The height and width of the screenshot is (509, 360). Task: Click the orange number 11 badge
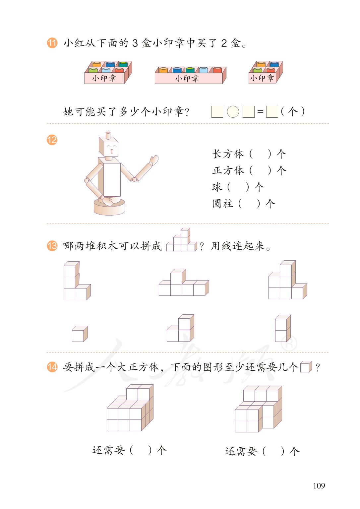52,43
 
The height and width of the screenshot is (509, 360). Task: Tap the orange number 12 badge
52,140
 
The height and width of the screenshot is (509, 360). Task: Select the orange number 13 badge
52,246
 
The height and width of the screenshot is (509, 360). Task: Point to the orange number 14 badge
52,367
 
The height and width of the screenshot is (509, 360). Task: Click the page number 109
319,486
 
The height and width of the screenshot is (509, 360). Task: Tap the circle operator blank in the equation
233,112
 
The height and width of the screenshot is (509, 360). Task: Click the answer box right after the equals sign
272,112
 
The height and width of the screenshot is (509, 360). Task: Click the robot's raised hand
153,160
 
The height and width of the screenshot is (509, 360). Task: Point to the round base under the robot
109,207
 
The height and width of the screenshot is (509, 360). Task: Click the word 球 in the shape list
217,187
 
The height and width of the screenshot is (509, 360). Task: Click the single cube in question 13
80,334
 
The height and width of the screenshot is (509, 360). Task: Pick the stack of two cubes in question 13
283,328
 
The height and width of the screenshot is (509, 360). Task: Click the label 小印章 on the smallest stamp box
262,78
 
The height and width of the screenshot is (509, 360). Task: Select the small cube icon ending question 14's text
306,367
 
